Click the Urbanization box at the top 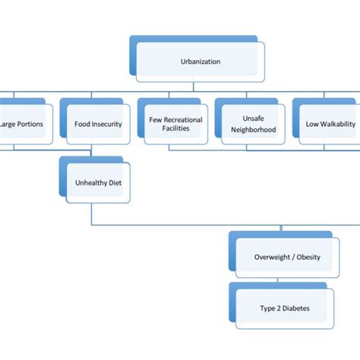tap(201, 62)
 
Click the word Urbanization tap(201, 62)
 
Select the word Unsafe tap(253, 118)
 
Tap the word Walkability tap(334, 124)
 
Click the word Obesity tap(308, 257)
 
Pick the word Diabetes tap(296, 308)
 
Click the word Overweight tap(273, 257)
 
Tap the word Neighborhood tap(253, 129)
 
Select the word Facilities tap(175, 129)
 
